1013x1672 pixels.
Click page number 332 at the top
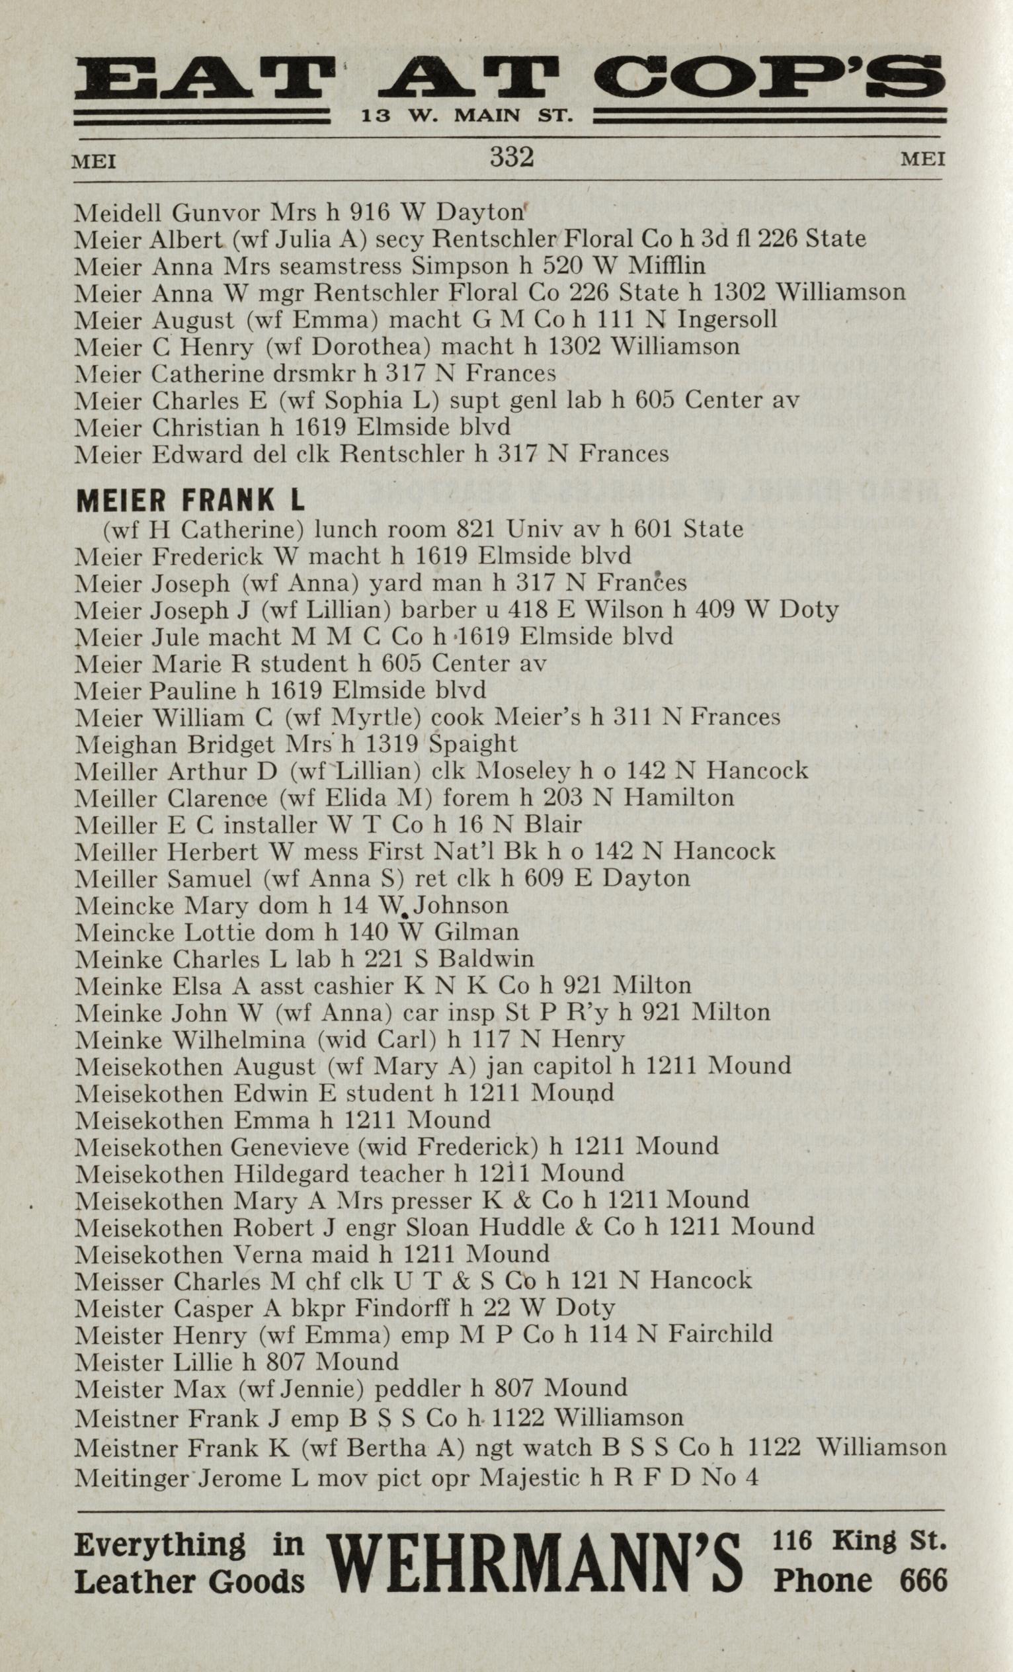coord(512,158)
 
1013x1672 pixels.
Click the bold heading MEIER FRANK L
coord(190,501)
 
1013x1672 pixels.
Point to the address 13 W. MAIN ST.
coord(467,116)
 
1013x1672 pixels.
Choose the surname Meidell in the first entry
coord(119,213)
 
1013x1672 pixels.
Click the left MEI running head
coord(95,163)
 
